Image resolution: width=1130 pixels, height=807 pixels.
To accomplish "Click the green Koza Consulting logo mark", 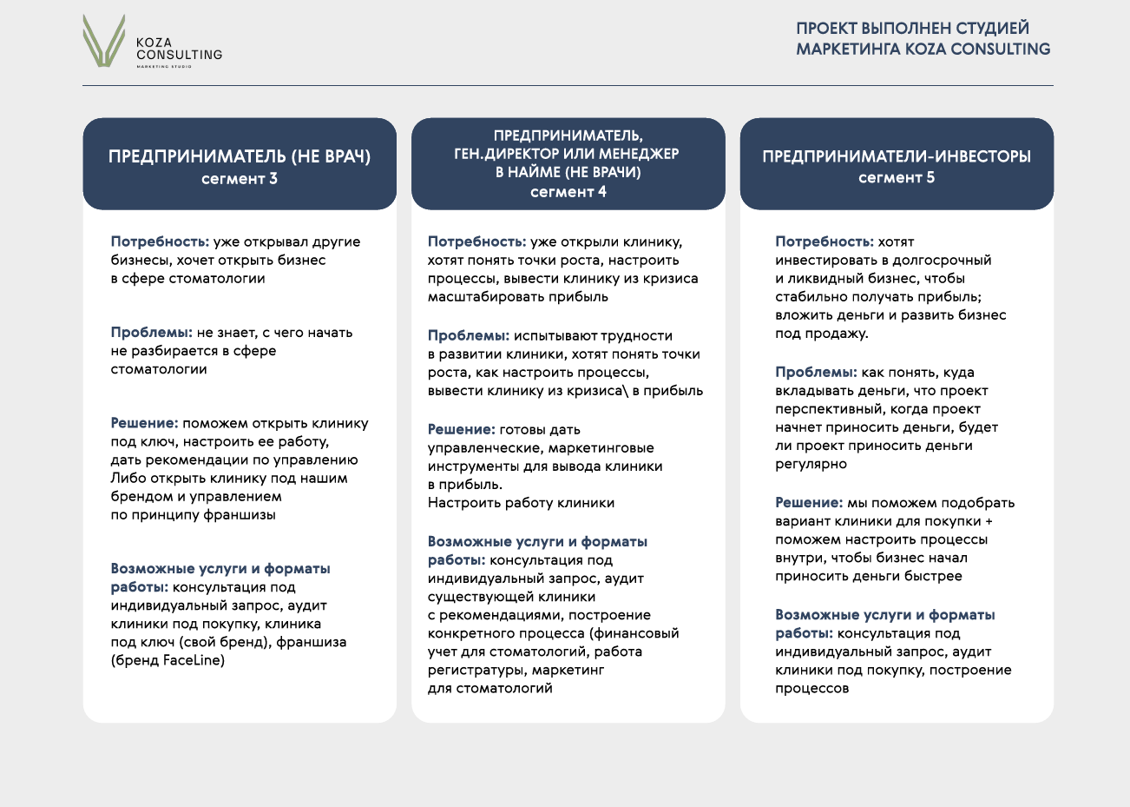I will (104, 42).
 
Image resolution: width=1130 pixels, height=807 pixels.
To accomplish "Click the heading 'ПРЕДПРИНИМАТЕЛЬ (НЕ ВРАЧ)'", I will (240, 156).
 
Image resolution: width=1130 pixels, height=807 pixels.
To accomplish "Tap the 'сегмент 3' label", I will (240, 179).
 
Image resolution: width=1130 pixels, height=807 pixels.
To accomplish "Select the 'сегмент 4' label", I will (568, 192).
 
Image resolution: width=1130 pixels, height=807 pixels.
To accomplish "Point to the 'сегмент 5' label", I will (897, 178).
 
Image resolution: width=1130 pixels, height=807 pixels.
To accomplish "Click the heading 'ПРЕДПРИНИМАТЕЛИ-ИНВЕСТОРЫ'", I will (897, 156).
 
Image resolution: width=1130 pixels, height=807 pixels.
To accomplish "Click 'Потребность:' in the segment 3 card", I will (160, 241).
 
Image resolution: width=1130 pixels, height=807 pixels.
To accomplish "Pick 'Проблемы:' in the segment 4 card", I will (468, 335).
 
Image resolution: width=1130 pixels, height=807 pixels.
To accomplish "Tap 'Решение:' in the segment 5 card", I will (809, 502).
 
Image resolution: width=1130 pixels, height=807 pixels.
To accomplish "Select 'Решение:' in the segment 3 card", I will (144, 423).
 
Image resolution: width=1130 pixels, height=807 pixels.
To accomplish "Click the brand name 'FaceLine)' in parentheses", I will (194, 660).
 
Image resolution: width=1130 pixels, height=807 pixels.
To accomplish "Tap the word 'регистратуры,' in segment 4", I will (476, 670).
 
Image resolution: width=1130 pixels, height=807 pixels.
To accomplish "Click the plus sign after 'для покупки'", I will (989, 521).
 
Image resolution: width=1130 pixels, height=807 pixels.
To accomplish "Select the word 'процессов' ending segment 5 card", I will (811, 689).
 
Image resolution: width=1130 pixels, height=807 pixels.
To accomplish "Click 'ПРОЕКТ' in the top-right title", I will (826, 29).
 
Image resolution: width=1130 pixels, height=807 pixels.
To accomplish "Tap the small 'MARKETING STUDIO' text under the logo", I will (164, 66).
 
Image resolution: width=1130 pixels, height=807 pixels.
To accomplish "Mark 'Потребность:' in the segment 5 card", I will (824, 241).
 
